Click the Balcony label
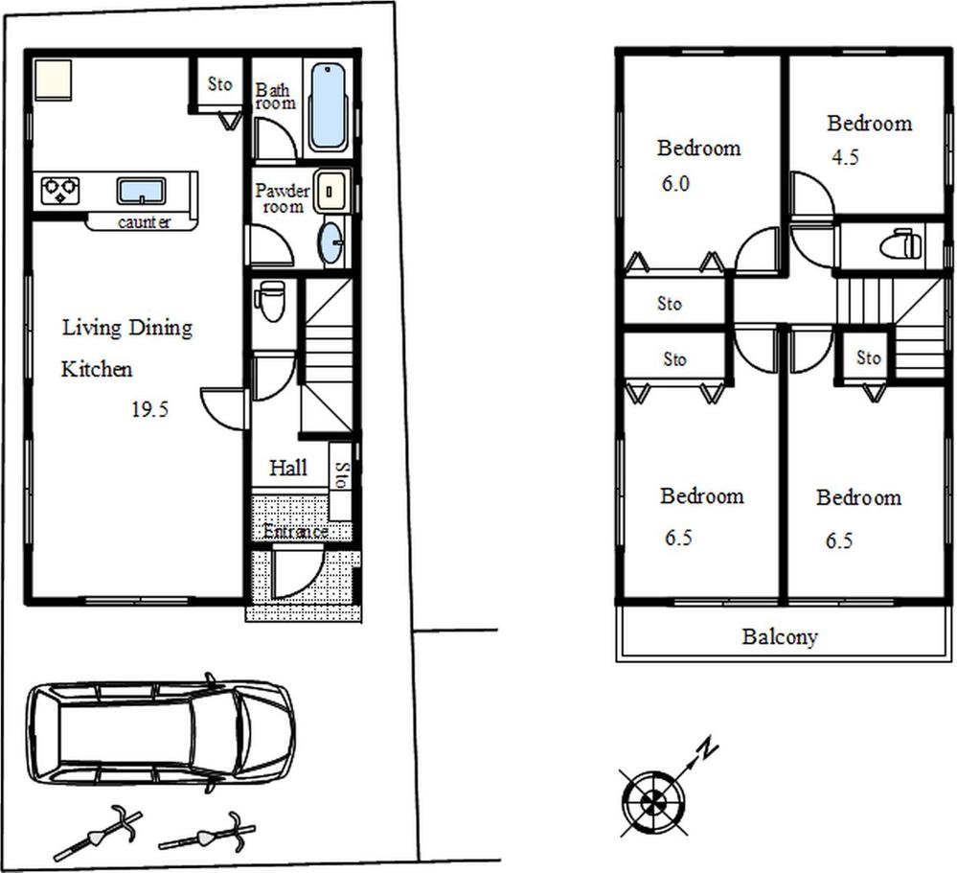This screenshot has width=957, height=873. [x=780, y=636]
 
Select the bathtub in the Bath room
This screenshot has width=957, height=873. [x=328, y=106]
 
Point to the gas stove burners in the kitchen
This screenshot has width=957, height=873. [x=59, y=190]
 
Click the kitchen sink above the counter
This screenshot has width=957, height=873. [x=142, y=190]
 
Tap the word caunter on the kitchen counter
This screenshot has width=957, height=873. [x=145, y=222]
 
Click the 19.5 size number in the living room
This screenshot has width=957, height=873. [x=149, y=410]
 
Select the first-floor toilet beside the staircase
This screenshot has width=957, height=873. [x=270, y=301]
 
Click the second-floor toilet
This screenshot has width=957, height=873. [x=900, y=245]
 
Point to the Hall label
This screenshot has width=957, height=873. [x=287, y=468]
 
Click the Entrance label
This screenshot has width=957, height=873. [x=296, y=531]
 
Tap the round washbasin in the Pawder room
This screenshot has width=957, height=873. [x=330, y=241]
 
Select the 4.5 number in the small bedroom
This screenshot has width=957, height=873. [x=845, y=158]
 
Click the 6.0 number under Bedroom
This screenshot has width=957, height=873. [x=674, y=184]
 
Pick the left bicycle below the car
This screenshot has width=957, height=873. [x=98, y=834]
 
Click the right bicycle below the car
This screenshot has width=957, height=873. [x=207, y=831]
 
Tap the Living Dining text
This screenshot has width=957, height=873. [x=127, y=328]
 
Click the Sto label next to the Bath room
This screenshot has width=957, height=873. [x=219, y=84]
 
